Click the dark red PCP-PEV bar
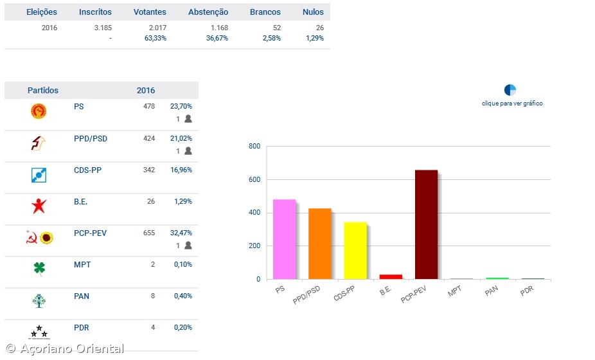tap(426, 224)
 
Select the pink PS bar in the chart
tap(284, 239)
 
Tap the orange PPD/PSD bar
tap(320, 244)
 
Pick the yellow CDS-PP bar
tap(355, 251)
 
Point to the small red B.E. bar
tap(391, 276)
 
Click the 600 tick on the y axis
tap(254, 180)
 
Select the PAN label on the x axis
tap(491, 291)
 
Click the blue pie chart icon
tap(510, 90)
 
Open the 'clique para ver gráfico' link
tap(512, 104)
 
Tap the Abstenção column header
tap(208, 12)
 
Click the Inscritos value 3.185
tap(103, 28)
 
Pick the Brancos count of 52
tap(276, 28)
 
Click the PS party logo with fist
tap(39, 112)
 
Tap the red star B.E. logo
tap(39, 206)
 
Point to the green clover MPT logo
tap(39, 269)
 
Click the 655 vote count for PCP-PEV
tap(149, 233)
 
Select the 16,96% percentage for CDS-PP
tap(181, 170)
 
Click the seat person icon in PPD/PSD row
tap(188, 151)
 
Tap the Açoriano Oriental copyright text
tap(64, 349)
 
